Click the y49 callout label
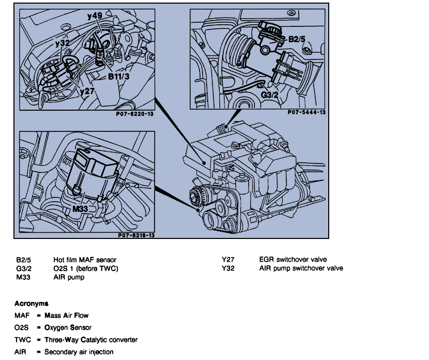(95, 17)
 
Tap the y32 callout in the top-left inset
(62, 43)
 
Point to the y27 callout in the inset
(88, 91)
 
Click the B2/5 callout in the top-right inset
(297, 38)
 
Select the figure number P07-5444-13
(306, 112)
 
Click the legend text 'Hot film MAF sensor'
(85, 259)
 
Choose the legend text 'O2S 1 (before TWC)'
(86, 268)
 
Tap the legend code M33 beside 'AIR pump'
(23, 277)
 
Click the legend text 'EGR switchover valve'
(293, 259)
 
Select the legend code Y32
(227, 268)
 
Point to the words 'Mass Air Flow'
(66, 315)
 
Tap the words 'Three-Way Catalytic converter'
(90, 340)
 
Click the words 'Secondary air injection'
(79, 352)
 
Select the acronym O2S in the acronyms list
(22, 327)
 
